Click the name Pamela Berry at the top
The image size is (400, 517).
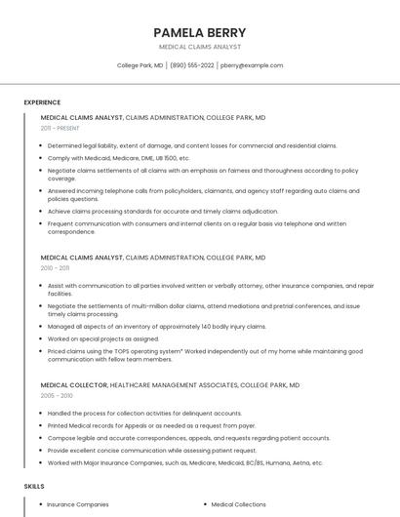(x=199, y=32)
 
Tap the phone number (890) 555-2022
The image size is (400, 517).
(x=191, y=65)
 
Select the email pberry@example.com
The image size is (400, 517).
(x=252, y=65)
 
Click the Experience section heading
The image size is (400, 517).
(x=42, y=102)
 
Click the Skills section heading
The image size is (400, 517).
(x=34, y=486)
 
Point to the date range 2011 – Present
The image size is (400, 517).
(x=60, y=128)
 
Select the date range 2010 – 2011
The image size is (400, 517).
(x=55, y=268)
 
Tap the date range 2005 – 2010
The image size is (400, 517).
(x=56, y=396)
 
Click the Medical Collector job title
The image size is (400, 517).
(x=73, y=385)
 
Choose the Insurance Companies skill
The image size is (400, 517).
(x=78, y=504)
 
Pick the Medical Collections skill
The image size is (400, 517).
(x=238, y=504)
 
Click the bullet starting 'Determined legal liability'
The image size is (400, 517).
(x=191, y=145)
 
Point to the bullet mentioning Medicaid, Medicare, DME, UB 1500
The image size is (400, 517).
(x=118, y=157)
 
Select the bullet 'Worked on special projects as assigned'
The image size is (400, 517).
(x=102, y=338)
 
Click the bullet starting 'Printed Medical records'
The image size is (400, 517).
(x=151, y=425)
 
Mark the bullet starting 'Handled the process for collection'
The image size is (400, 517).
(x=144, y=414)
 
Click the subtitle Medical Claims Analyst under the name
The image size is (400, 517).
(x=199, y=47)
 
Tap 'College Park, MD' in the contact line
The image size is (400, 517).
(x=140, y=65)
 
